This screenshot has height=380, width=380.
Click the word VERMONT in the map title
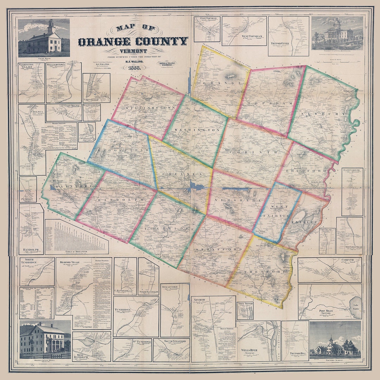coord(133,51)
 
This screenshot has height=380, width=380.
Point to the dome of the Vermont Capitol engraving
coord(337,24)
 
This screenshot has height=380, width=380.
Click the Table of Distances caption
coord(76,252)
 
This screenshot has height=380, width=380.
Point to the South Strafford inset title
coord(171,341)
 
